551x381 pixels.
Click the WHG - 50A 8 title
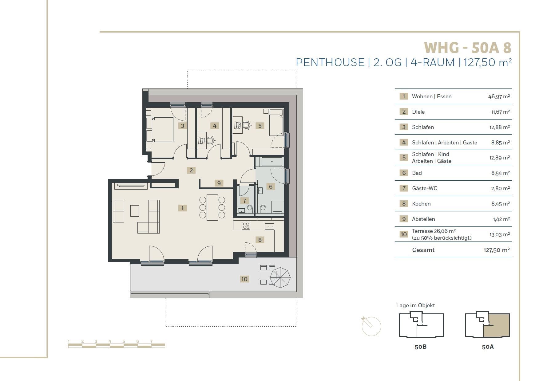tap(468, 48)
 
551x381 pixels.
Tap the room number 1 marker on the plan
tap(182, 208)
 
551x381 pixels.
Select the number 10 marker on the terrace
tap(244, 279)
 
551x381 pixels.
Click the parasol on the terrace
tap(280, 277)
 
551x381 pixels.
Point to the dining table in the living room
tap(212, 207)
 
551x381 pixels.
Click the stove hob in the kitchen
tap(246, 226)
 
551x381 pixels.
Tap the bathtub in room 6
tap(272, 162)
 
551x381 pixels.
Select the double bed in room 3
tap(160, 129)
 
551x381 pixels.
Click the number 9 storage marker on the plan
tap(219, 183)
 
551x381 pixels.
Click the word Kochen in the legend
tap(421, 204)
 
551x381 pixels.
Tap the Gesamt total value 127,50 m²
tap(497, 250)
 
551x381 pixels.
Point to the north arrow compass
tap(371, 326)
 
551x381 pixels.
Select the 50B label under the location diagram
tap(421, 347)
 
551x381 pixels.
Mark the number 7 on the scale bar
tap(151, 341)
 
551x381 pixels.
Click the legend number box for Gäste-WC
tap(404, 188)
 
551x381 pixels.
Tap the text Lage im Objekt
tap(415, 305)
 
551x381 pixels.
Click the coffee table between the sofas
tap(135, 211)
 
